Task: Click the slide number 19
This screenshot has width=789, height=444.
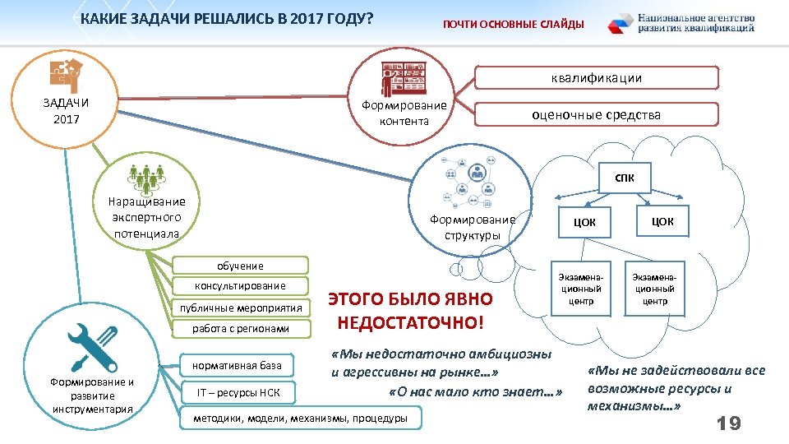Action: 728,423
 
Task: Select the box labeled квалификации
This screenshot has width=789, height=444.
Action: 598,78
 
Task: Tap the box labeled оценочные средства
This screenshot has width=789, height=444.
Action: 598,114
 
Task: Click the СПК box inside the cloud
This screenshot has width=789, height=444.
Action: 624,178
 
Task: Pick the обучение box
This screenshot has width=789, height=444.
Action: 241,266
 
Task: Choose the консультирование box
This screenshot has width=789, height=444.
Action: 241,286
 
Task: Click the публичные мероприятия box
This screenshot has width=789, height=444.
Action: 242,308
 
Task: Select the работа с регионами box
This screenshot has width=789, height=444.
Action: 241,329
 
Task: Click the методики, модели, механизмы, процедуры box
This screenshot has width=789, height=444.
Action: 300,419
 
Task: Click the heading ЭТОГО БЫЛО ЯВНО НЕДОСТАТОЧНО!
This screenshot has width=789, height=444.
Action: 411,310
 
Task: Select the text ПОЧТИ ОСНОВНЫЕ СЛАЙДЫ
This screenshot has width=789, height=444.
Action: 514,25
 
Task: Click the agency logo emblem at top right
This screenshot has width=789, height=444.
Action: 621,24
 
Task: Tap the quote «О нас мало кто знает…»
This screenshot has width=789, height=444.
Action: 474,391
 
